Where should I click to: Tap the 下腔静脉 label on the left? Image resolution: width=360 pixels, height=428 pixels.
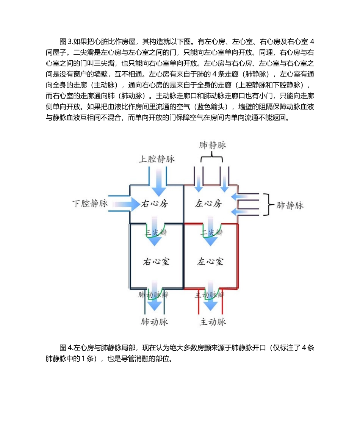click(90, 204)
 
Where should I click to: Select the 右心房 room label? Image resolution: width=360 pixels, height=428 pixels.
click(154, 204)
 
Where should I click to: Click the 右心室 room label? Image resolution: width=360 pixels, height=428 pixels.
click(156, 262)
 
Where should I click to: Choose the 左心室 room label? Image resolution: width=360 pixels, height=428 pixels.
click(210, 262)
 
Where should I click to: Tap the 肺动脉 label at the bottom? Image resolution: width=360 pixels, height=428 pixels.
click(154, 322)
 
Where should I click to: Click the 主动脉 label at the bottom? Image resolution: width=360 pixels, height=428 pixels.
click(213, 322)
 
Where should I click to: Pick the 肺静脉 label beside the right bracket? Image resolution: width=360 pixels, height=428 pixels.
click(290, 205)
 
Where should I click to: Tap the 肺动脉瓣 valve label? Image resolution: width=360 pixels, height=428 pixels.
click(153, 294)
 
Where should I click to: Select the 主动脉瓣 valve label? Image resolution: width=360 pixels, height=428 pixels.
click(210, 294)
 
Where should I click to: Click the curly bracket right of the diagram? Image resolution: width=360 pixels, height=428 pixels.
click(269, 205)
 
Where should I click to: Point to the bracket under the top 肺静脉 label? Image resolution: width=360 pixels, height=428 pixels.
click(211, 158)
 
